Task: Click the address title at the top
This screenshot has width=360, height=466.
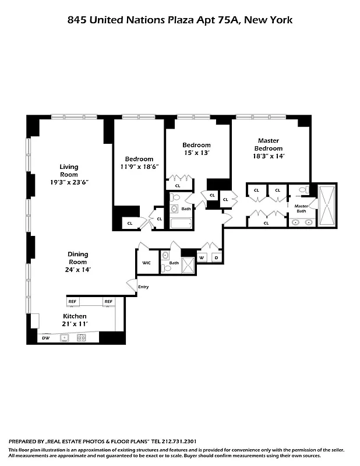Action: click(180, 20)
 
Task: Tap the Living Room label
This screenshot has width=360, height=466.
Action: click(69, 171)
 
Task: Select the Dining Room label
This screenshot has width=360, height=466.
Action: click(77, 258)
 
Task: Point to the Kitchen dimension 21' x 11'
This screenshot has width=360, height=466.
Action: click(75, 324)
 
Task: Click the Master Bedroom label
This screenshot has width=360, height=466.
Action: click(268, 144)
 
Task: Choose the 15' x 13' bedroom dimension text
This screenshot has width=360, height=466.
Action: click(196, 153)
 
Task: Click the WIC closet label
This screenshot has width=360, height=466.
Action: click(146, 263)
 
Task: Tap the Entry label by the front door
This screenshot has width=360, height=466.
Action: click(143, 287)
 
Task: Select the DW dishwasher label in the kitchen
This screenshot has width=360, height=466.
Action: click(45, 337)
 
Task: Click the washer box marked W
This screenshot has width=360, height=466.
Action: click(202, 257)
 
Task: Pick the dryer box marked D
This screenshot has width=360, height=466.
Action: click(216, 257)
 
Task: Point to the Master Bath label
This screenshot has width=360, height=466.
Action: click(301, 209)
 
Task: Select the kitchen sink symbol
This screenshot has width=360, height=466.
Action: click(65, 337)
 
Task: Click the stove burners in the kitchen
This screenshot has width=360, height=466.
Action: click(82, 337)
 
